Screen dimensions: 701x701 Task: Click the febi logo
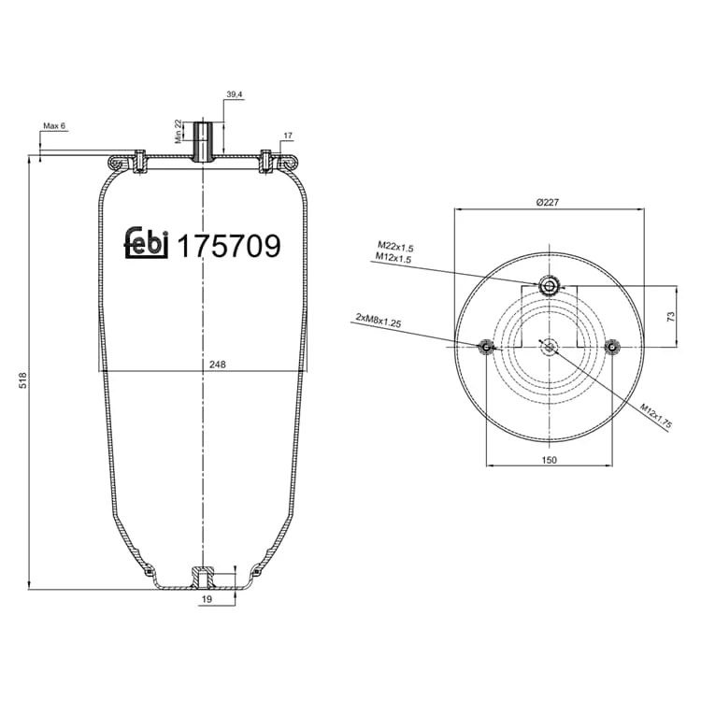point(146,243)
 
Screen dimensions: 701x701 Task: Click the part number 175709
point(229,246)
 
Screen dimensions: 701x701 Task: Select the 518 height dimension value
point(22,380)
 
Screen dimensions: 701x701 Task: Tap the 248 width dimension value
point(218,365)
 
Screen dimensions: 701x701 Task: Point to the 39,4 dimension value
point(235,94)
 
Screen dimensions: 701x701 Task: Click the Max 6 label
point(54,125)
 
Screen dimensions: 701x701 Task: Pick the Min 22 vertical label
point(179,131)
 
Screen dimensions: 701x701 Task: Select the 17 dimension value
point(288,136)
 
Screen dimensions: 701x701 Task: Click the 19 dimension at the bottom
point(207,599)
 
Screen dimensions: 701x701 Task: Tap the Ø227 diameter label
point(548,202)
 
